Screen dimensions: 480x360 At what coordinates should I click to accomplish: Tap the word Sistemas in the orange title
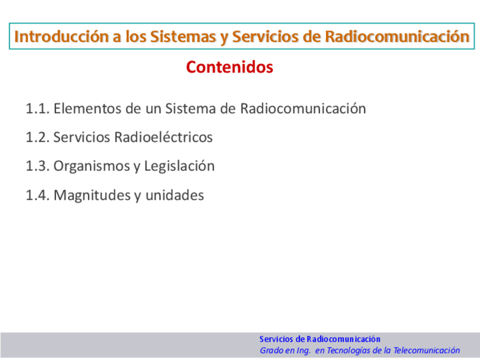coord(183,36)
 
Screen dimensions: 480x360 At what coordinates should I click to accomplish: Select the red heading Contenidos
coord(230,67)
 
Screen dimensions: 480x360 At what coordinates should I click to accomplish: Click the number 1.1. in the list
coord(38,109)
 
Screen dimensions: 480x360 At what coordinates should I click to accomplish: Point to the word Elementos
coord(88,109)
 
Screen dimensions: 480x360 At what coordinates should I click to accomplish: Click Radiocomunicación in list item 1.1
coord(303,109)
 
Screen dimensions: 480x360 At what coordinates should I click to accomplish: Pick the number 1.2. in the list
coord(38,137)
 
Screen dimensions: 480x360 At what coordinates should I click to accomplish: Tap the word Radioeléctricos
coord(164,137)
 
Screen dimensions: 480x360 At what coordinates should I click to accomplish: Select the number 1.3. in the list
coord(38,166)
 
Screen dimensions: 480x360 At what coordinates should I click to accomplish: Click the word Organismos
coord(92,166)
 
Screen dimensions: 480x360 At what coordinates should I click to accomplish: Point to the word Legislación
coord(179,166)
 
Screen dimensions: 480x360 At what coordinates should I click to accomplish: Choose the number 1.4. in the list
coord(38,195)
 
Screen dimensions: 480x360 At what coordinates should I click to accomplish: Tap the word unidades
coord(174,195)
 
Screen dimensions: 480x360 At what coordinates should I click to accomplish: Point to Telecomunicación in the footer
coord(427,350)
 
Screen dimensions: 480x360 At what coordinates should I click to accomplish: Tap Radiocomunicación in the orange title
coord(397,36)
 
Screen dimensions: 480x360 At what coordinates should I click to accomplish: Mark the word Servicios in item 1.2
coord(82,137)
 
